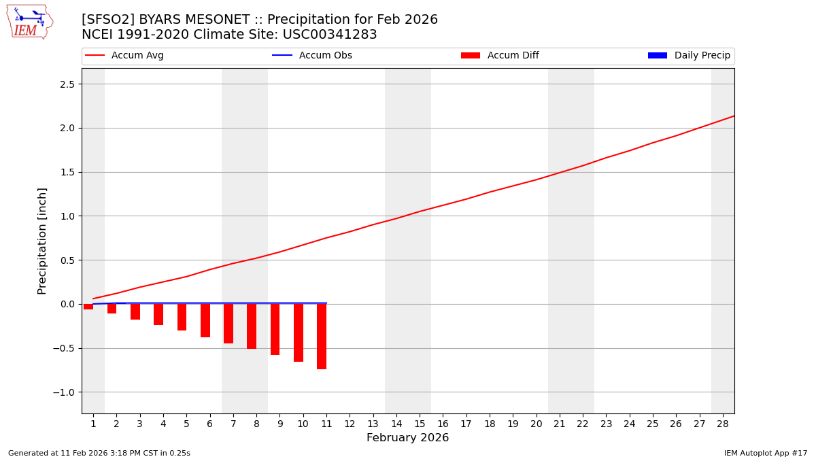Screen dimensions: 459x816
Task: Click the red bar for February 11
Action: coord(322,337)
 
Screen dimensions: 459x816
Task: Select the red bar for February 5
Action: coord(182,317)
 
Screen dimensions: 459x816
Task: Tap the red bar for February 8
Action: coord(252,326)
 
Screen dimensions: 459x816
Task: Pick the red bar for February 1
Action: coord(88,307)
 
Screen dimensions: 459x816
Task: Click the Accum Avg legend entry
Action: coord(125,56)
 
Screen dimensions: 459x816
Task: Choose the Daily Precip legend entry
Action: coord(689,56)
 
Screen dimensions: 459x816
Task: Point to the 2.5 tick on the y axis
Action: coord(67,84)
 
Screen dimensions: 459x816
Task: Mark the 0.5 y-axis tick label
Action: coord(67,260)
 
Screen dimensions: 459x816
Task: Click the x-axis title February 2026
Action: coord(407,438)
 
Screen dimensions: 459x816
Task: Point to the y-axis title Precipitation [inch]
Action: coord(42,241)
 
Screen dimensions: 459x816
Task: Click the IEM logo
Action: coord(29,22)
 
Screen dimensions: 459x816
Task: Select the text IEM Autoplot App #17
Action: coord(766,453)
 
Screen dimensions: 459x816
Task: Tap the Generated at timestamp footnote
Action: coord(99,453)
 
